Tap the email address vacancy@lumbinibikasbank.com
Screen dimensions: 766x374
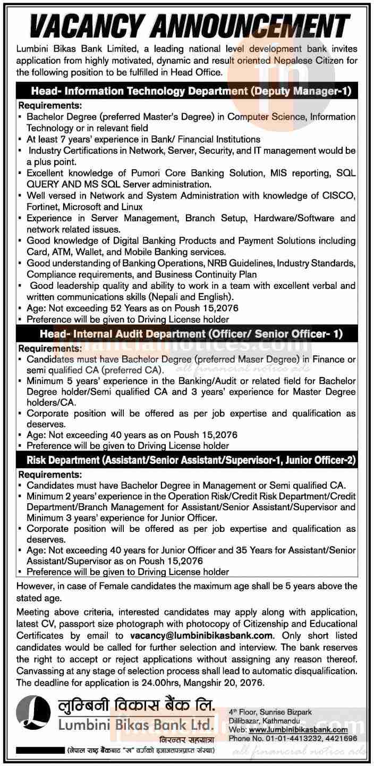202,635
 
